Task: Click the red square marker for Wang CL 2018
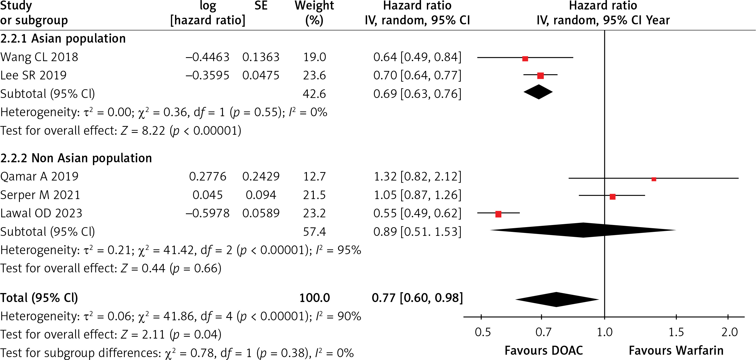coord(525,59)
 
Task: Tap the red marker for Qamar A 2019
coord(654,179)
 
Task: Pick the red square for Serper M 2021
coord(612,197)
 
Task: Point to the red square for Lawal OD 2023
coord(498,214)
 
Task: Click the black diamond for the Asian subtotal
coord(538,92)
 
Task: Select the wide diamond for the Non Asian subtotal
coord(583,230)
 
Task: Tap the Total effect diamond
coord(557,300)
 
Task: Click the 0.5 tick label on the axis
coord(483,332)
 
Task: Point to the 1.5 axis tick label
coord(676,332)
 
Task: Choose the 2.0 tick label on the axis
coord(730,332)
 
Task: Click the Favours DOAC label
coord(544,351)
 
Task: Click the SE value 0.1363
coord(261,57)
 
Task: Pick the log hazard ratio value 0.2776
coord(208,176)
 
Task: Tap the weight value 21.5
coord(314,195)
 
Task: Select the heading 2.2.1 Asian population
coord(63,38)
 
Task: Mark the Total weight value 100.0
coord(315,298)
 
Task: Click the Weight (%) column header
coord(314,13)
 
